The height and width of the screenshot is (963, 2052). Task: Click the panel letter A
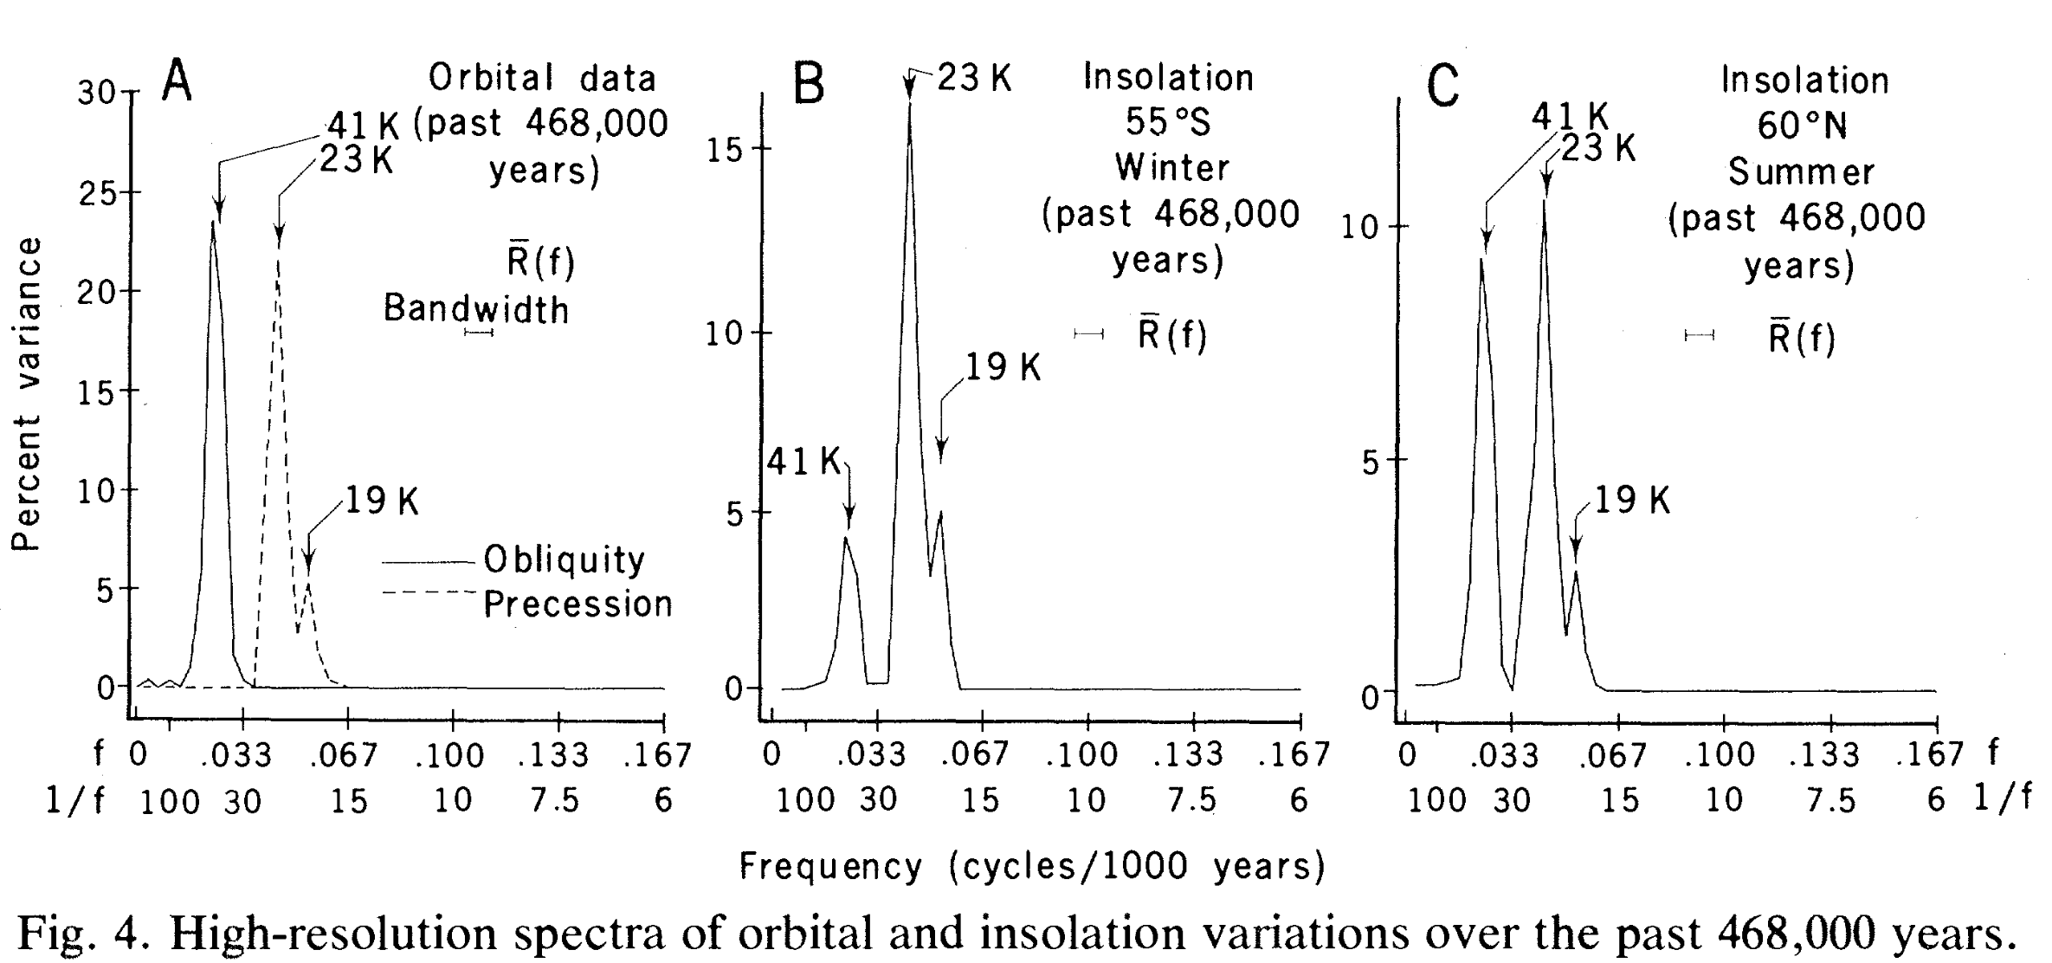point(177,82)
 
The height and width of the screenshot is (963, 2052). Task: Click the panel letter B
point(809,86)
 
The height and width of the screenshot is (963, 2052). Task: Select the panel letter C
point(1442,87)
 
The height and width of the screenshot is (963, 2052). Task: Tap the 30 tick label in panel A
point(96,93)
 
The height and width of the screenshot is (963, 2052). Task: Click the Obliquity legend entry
point(564,560)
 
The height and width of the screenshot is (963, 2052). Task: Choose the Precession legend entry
point(578,604)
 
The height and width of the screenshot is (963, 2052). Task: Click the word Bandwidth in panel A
point(476,309)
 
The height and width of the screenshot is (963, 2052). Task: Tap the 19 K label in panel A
point(382,501)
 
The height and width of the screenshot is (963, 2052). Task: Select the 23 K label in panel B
point(975,79)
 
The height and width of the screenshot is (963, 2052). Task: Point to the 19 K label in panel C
point(1632,501)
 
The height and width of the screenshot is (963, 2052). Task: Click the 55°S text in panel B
point(1168,123)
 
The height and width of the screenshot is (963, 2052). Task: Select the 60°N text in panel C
point(1802,126)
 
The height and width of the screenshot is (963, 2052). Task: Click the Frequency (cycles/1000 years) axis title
point(1032,866)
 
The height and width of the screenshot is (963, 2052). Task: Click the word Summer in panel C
point(1802,172)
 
